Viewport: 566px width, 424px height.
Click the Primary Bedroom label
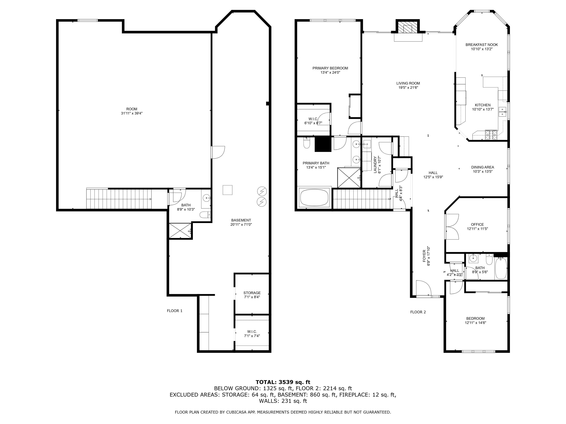point(330,68)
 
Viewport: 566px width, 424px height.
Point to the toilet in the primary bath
point(307,143)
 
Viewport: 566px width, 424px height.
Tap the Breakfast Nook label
point(481,45)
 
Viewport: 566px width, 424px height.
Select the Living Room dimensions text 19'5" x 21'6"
point(408,87)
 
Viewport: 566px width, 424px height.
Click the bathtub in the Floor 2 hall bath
point(501,269)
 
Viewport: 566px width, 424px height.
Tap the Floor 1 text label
point(175,311)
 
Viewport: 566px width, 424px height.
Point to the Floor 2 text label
point(418,312)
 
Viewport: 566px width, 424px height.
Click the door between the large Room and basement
point(218,152)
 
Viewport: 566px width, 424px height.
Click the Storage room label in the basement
point(252,293)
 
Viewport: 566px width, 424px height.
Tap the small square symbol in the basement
point(227,190)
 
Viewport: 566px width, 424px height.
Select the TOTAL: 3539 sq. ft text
point(283,382)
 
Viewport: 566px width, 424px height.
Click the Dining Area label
point(483,167)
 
